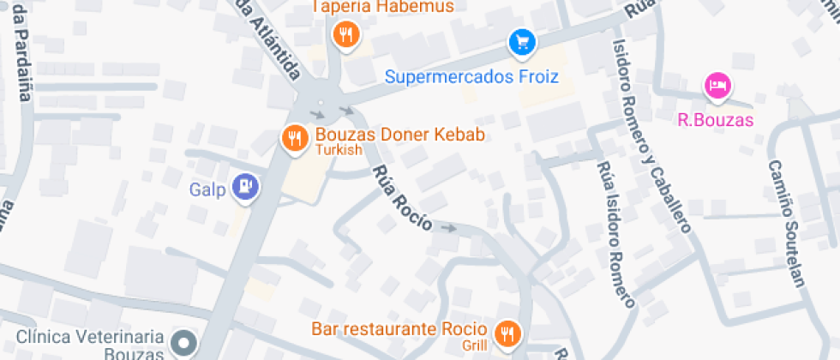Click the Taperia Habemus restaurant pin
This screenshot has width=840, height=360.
click(x=345, y=35)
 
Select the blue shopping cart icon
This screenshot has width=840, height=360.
click(x=521, y=41)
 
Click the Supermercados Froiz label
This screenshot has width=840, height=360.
click(x=471, y=77)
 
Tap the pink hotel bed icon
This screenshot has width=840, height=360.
click(x=717, y=85)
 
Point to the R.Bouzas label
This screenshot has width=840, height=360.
click(x=715, y=120)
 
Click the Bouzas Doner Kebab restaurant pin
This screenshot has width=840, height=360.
click(x=295, y=137)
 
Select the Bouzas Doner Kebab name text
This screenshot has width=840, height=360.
click(x=400, y=135)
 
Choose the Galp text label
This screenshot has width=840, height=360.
click(x=207, y=189)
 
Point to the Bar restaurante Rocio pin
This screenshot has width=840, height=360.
click(x=507, y=333)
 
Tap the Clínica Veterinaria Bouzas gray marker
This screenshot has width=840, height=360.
click(x=183, y=345)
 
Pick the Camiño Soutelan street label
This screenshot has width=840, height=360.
click(x=786, y=223)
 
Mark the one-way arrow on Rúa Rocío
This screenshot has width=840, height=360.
click(x=447, y=228)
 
